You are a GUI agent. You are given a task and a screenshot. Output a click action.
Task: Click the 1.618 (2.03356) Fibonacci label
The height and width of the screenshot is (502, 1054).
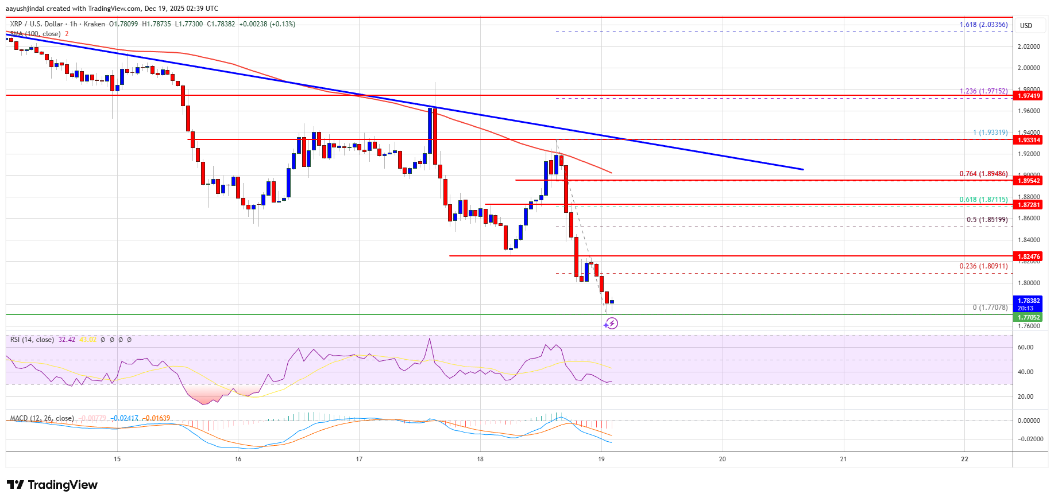point(983,25)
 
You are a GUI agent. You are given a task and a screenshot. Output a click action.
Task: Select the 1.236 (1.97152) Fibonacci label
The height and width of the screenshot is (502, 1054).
point(983,91)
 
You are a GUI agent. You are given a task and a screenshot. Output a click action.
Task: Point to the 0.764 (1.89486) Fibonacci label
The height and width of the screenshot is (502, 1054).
point(983,174)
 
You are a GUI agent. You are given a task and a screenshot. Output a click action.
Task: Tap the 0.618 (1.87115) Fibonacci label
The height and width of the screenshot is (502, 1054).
point(983,200)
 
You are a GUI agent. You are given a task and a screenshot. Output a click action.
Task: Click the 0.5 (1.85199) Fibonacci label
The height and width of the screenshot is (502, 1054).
point(987,220)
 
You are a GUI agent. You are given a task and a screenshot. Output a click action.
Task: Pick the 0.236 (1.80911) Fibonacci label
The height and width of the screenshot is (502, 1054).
point(983,266)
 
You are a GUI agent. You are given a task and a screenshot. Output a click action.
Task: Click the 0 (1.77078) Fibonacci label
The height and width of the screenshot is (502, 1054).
point(990,308)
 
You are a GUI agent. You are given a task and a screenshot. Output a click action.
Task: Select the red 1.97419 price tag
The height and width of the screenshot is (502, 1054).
point(1028,96)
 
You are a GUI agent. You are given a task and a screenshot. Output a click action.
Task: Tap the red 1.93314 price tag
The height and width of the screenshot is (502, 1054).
point(1028,140)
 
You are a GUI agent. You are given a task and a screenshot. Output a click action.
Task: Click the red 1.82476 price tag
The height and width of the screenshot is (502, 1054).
point(1028,256)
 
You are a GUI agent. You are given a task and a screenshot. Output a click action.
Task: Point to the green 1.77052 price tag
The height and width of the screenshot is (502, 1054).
point(1028,317)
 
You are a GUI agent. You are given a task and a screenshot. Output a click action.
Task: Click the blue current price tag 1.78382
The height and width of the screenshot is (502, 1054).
point(1028,301)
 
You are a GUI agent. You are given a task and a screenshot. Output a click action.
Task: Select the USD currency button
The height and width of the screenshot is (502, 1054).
point(1026,26)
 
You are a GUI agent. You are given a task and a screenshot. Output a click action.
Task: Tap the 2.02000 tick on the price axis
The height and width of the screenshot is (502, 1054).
point(1029,46)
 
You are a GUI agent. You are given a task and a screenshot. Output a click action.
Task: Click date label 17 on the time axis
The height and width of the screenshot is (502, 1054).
point(359,459)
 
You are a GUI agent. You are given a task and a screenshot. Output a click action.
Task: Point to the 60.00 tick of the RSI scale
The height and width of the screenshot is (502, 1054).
point(1025,347)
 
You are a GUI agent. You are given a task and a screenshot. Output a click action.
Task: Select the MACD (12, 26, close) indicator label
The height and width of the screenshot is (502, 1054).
point(42,418)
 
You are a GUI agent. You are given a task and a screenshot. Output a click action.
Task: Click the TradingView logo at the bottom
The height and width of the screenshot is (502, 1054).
point(52,485)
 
